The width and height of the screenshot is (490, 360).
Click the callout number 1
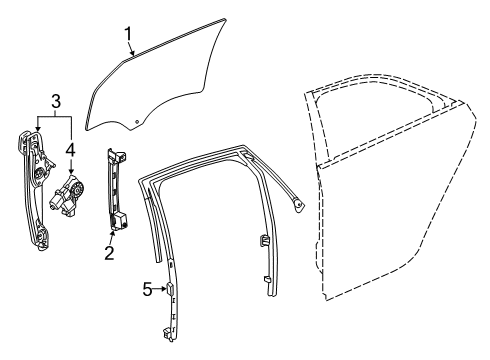pyautogui.click(x=128, y=37)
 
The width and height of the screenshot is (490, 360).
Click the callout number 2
pyautogui.click(x=110, y=252)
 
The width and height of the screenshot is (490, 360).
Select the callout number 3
pyautogui.click(x=56, y=100)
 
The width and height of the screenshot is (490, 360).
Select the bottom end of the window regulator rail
pyautogui.click(x=43, y=238)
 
